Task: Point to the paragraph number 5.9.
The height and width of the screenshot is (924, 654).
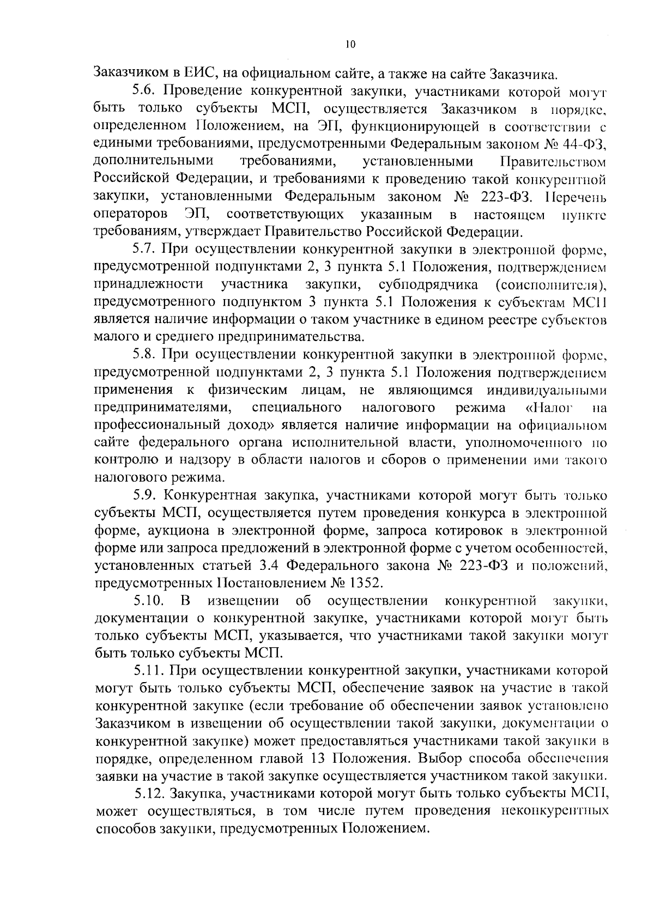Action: coord(145,496)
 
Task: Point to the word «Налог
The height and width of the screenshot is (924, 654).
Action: coord(549,408)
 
